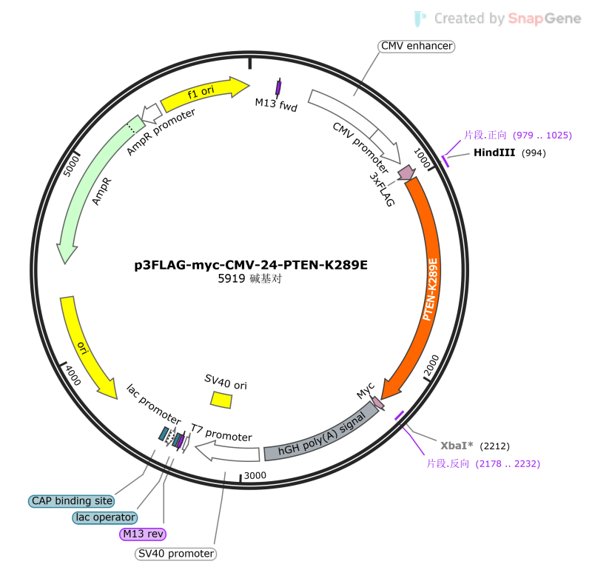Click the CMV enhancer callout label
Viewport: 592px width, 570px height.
point(416,46)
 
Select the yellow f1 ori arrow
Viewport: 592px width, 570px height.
point(204,93)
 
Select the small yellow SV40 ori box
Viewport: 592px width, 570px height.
point(221,400)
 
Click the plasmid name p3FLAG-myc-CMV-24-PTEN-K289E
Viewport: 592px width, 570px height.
point(251,265)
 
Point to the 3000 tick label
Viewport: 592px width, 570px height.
point(255,475)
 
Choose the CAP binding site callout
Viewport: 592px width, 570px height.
point(72,501)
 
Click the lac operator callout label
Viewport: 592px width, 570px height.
point(105,517)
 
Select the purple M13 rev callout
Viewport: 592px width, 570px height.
point(143,534)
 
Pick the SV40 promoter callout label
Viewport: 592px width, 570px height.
point(176,554)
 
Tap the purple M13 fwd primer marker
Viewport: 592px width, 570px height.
point(278,88)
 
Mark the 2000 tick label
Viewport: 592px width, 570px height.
point(432,366)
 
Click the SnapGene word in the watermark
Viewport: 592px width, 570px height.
point(545,18)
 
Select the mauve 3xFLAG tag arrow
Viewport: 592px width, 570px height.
point(406,172)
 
